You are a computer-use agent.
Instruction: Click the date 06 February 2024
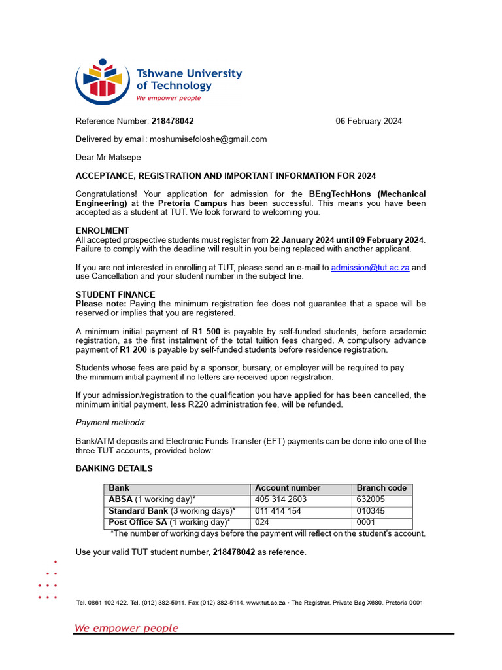pos(369,121)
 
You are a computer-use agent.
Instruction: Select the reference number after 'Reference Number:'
pos(173,121)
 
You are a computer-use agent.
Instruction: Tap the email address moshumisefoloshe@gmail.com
pos(208,139)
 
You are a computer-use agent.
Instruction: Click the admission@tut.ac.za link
pos(370,268)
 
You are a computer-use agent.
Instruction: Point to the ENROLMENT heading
pos(102,231)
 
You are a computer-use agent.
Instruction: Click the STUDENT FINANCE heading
pos(115,295)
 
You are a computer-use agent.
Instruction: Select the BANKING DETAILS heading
pos(114,468)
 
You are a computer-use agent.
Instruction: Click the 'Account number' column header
pos(288,488)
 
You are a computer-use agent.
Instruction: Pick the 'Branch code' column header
pos(381,488)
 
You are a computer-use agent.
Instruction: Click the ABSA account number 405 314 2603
pos(280,499)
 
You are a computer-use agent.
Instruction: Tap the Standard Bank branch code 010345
pos(371,511)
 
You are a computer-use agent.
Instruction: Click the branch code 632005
pos(371,499)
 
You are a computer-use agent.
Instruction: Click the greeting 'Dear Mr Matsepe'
pos(108,158)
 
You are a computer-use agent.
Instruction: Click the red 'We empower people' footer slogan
pos(126,628)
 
